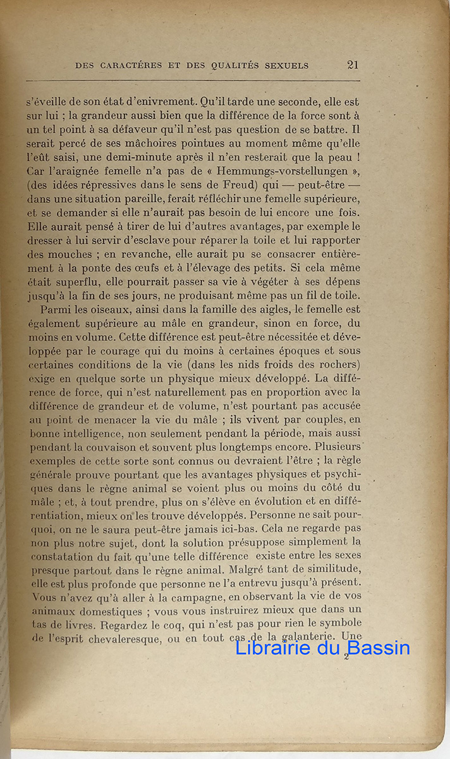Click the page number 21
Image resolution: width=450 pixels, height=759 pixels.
[353, 65]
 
